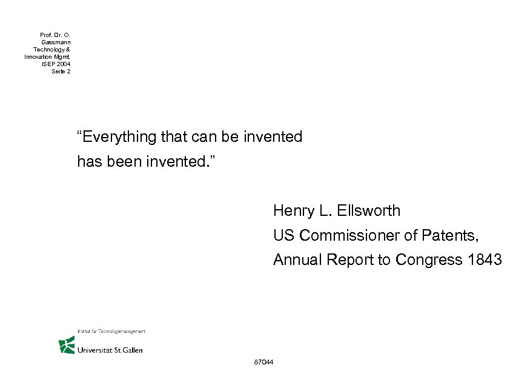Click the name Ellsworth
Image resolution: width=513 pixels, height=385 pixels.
click(x=370, y=211)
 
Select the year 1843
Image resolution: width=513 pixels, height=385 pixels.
click(x=485, y=260)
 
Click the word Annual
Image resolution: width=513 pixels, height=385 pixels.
click(x=297, y=260)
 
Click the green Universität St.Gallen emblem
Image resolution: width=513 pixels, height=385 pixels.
click(x=66, y=346)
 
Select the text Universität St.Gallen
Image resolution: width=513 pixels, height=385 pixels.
click(x=110, y=350)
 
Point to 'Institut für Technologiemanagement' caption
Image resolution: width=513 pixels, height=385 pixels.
click(x=111, y=331)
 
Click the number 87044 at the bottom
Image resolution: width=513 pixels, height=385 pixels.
click(x=265, y=363)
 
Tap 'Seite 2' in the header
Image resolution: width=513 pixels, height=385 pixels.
click(x=61, y=72)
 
